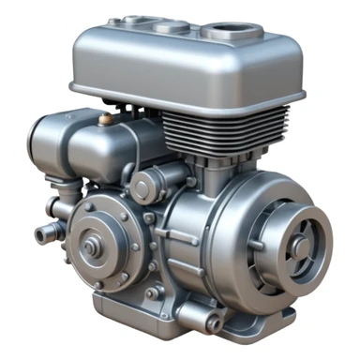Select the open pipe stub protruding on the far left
click(x=42, y=232)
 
